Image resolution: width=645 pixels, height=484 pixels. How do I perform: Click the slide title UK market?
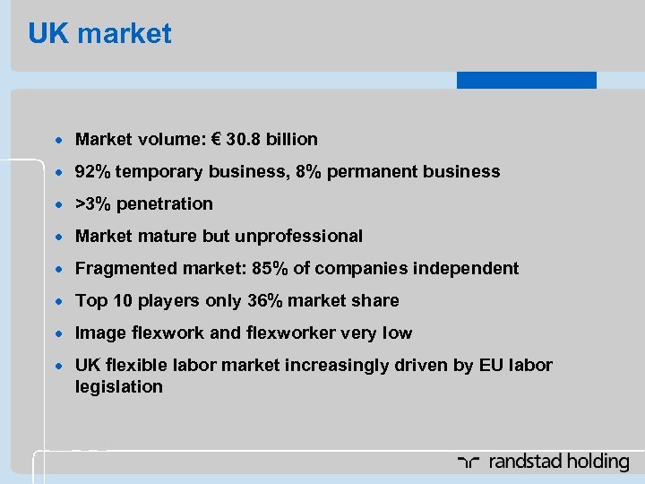pos(99,34)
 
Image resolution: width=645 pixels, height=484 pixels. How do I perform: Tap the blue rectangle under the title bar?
pos(526,80)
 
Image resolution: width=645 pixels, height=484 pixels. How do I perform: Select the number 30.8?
pos(244,139)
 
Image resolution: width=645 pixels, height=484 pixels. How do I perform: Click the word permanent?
pos(367,171)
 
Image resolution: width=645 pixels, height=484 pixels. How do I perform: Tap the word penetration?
pos(165,203)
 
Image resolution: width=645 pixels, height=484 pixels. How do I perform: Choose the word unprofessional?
pos(298,236)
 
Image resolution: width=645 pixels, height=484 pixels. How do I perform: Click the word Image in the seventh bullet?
pos(100,333)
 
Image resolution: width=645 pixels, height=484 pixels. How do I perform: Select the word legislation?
pos(119,386)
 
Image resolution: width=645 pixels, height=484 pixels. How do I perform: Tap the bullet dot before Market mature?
pos(59,237)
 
